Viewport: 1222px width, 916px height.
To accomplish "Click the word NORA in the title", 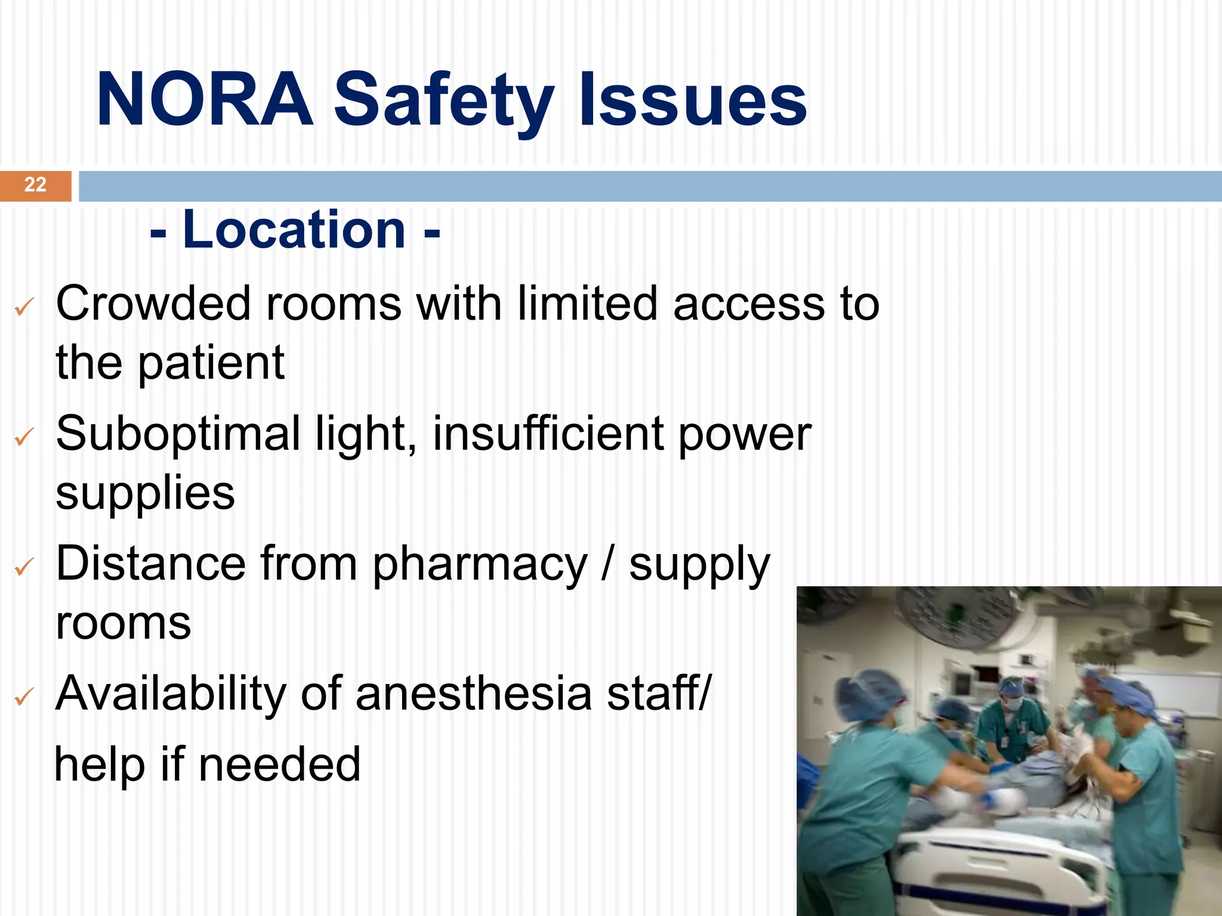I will pyautogui.click(x=205, y=100).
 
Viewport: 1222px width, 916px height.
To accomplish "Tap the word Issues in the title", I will pyautogui.click(x=693, y=100).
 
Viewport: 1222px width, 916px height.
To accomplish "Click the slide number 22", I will pyautogui.click(x=35, y=185).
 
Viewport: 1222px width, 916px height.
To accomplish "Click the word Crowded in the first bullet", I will pyautogui.click(x=153, y=304).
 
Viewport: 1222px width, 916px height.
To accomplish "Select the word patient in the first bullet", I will pyautogui.click(x=211, y=363).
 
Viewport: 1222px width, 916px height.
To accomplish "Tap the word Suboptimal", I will pyautogui.click(x=178, y=435).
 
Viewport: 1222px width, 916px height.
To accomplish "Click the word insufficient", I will pyautogui.click(x=548, y=434).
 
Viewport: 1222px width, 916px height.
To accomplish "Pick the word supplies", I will pyautogui.click(x=146, y=494).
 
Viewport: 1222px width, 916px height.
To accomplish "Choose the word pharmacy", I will pyautogui.click(x=480, y=565).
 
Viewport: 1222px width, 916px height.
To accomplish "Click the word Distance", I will pyautogui.click(x=151, y=564).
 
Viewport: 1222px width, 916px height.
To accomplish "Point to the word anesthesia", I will pyautogui.click(x=473, y=694).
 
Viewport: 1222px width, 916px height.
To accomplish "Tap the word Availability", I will pyautogui.click(x=171, y=694).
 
